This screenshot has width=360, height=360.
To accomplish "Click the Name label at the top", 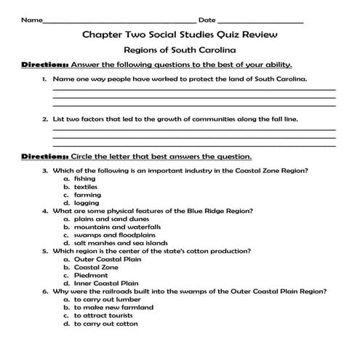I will (x=32, y=20).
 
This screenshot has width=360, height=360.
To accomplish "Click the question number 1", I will (x=45, y=78).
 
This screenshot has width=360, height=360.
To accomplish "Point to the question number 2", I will (x=45, y=118).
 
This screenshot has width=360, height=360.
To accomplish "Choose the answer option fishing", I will (x=84, y=178).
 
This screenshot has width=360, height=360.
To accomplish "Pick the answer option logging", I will (x=85, y=203).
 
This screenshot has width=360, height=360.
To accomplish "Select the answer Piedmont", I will (x=89, y=275).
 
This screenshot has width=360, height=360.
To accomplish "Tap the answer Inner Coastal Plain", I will (x=105, y=283).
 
